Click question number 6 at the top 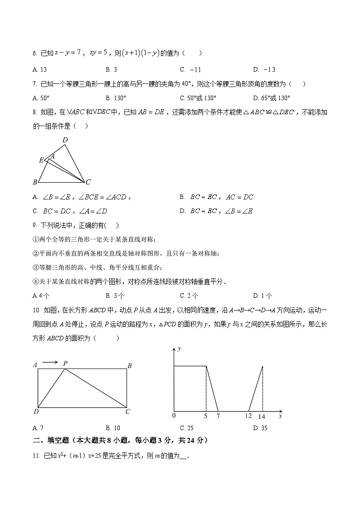tap(35, 53)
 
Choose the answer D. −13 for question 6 tap(264, 69)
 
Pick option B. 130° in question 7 tap(116, 98)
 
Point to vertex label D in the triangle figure tap(65, 140)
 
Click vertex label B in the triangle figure tap(35, 182)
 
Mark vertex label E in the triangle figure tap(41, 160)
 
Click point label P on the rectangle tap(65, 364)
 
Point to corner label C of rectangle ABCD tap(128, 412)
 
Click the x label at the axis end tap(280, 416)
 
